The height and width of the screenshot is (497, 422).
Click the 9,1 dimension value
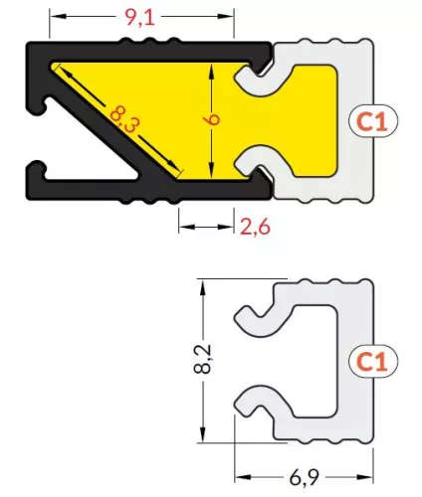(140, 17)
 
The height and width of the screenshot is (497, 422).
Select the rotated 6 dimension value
(213, 119)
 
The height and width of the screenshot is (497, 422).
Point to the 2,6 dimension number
(255, 227)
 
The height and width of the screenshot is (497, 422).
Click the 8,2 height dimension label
(202, 359)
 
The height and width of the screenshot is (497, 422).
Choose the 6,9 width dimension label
(304, 477)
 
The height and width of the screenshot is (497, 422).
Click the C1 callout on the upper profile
(372, 121)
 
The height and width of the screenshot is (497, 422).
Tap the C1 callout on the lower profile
(372, 361)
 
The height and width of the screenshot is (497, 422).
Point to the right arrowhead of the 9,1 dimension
(227, 17)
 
